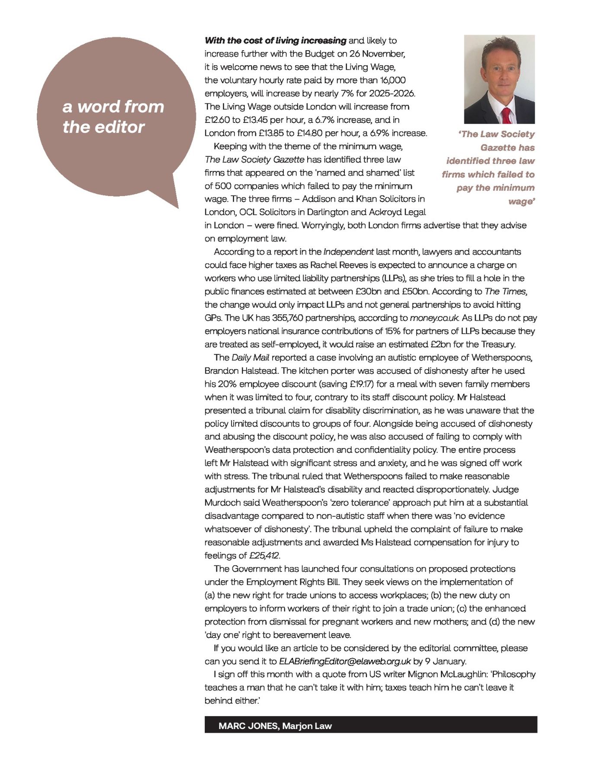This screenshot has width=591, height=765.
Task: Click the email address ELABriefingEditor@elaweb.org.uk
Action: click(x=344, y=661)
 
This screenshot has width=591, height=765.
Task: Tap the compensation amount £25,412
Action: click(x=264, y=555)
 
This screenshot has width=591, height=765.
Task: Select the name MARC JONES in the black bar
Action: click(x=248, y=726)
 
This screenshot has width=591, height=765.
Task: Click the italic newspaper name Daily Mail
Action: click(x=251, y=357)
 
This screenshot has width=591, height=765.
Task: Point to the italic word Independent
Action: click(x=348, y=251)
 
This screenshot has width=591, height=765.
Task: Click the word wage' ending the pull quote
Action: click(x=522, y=201)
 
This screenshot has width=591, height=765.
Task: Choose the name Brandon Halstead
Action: click(x=242, y=371)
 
